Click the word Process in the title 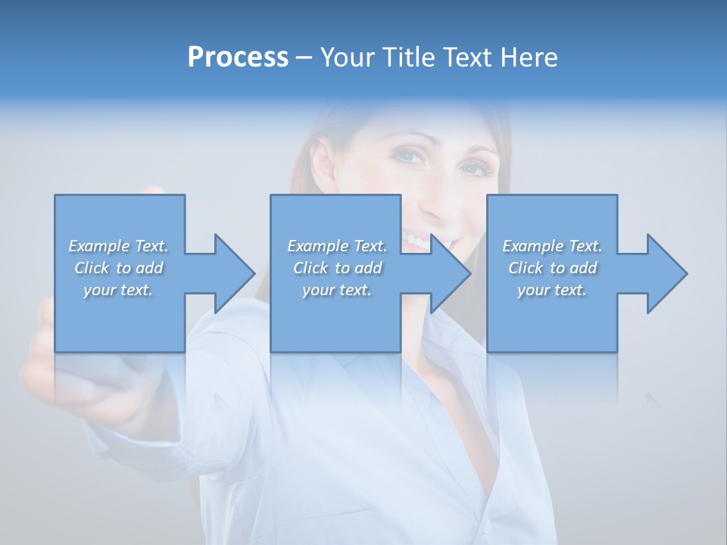tap(238, 58)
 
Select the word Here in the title tap(529, 58)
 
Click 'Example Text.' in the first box tap(119, 246)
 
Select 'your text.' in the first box tap(119, 290)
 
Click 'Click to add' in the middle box tap(337, 268)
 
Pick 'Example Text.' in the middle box tap(337, 246)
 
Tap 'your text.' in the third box tap(552, 290)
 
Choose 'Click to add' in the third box tap(552, 268)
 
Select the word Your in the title tap(349, 58)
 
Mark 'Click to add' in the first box tap(119, 268)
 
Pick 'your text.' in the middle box tap(337, 290)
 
